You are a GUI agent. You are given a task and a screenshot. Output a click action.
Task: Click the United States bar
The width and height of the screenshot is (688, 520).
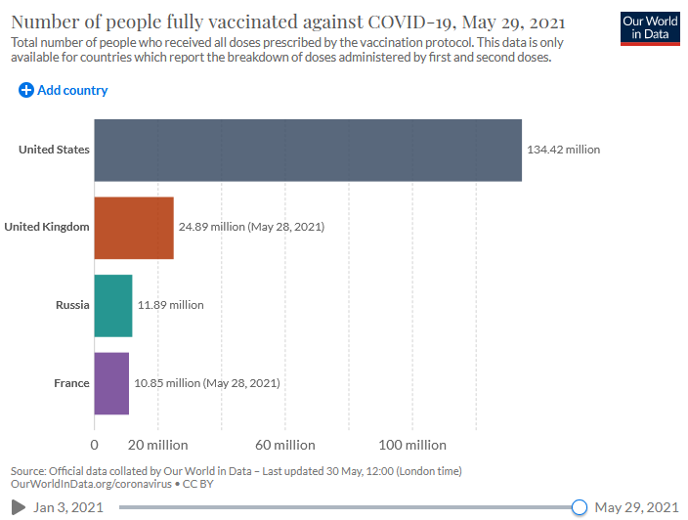pyautogui.click(x=308, y=150)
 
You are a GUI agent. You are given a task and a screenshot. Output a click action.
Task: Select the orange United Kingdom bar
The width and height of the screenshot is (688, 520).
pyautogui.click(x=134, y=228)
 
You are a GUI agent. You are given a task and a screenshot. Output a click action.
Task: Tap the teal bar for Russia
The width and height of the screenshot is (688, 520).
pyautogui.click(x=113, y=305)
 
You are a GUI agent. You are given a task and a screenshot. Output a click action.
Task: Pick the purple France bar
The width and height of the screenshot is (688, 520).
pyautogui.click(x=111, y=383)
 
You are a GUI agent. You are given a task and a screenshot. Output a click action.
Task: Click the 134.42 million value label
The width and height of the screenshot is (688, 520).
pyautogui.click(x=563, y=150)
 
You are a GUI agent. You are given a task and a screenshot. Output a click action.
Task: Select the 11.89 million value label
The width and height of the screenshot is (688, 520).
pyautogui.click(x=171, y=305)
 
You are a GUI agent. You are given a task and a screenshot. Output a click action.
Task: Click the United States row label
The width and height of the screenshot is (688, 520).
pyautogui.click(x=54, y=150)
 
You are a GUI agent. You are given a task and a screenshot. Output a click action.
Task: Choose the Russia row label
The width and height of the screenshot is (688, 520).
pyautogui.click(x=72, y=305)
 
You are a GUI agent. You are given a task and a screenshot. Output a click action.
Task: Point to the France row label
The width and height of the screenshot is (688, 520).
pyautogui.click(x=71, y=383)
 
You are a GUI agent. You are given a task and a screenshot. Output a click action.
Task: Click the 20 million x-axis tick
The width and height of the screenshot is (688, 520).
pyautogui.click(x=157, y=446)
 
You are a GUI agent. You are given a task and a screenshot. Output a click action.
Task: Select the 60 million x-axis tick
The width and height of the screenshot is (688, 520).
pyautogui.click(x=285, y=446)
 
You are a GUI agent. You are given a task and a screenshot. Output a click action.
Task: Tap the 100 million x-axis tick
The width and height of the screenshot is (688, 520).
pyautogui.click(x=411, y=446)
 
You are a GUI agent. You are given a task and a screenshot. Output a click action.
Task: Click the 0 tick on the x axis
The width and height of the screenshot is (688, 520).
pyautogui.click(x=95, y=446)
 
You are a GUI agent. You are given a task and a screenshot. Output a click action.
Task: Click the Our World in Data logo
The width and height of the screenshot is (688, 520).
pyautogui.click(x=650, y=28)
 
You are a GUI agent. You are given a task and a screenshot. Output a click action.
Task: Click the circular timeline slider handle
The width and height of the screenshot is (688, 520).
pyautogui.click(x=579, y=507)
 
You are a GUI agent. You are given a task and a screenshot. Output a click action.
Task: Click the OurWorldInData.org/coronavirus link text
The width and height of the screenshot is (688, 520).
pyautogui.click(x=90, y=484)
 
